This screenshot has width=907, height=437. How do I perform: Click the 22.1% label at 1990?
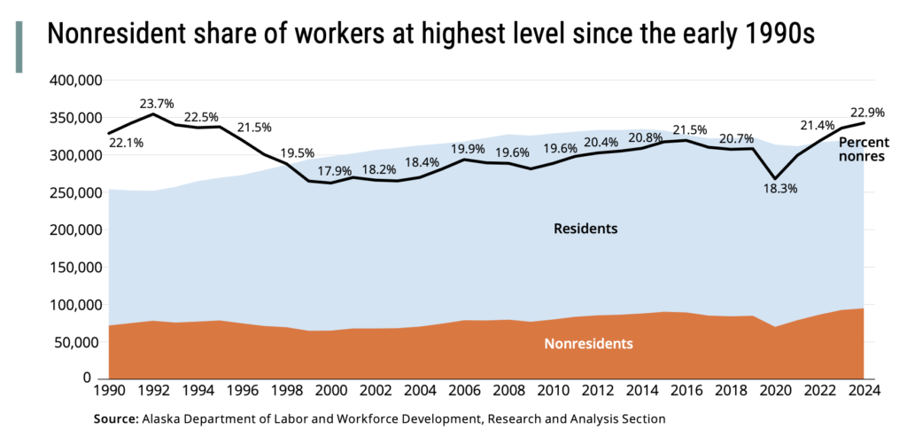(126, 142)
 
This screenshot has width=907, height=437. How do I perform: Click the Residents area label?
(585, 229)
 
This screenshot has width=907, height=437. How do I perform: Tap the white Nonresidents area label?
(587, 343)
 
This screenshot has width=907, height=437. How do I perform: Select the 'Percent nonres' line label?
(864, 149)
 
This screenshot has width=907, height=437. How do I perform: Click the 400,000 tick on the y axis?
(75, 81)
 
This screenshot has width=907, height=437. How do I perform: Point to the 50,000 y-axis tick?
(79, 342)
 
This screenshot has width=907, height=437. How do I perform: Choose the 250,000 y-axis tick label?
(75, 192)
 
